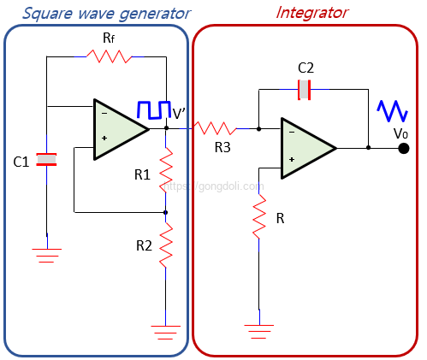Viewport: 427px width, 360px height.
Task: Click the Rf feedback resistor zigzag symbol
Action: pos(109,56)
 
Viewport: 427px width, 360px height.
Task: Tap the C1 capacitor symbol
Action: pos(46,159)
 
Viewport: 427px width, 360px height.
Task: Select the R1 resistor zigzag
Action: pos(166,170)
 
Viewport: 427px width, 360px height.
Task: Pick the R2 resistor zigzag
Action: pos(166,245)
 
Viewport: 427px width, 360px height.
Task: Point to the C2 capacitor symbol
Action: pos(304,90)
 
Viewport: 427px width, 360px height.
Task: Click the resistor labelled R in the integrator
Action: pos(259,216)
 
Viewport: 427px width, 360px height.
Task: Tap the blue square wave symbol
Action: pos(154,109)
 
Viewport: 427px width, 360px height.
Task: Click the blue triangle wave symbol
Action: pos(392,110)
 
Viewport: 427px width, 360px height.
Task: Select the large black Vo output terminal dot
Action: pos(404,148)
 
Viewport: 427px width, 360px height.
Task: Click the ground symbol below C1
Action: pos(47,256)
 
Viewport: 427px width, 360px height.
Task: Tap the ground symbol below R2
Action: pos(166,333)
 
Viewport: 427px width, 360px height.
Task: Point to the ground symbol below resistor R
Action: pos(259,332)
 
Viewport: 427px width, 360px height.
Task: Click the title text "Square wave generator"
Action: pos(106,14)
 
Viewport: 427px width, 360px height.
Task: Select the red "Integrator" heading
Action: pos(311,13)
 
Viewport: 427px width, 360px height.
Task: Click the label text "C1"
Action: pos(21,162)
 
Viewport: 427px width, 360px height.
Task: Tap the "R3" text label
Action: pos(222,147)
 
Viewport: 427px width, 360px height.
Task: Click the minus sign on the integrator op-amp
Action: pos(292,133)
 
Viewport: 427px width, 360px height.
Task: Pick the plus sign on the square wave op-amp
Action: pos(104,139)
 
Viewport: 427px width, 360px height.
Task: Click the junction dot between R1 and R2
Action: pos(165,212)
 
